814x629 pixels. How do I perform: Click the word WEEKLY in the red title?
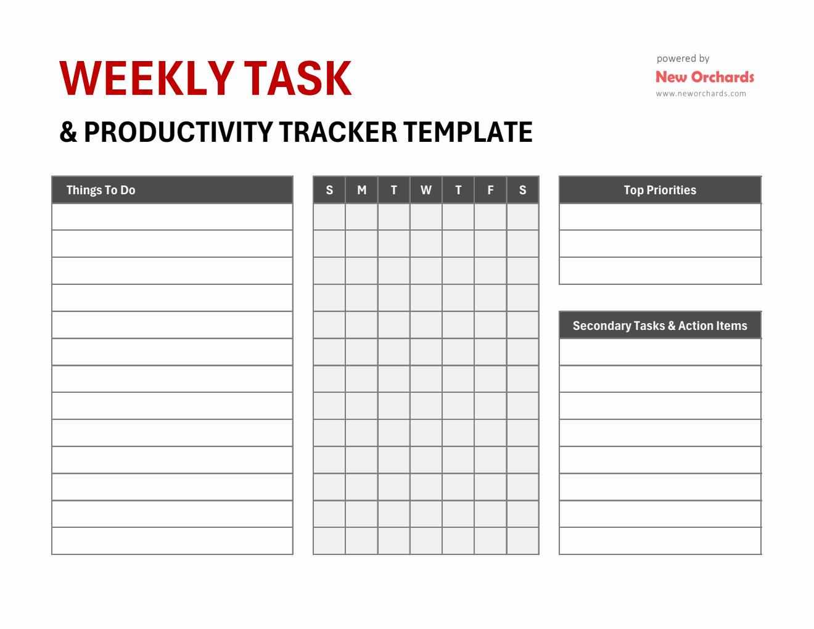coord(146,78)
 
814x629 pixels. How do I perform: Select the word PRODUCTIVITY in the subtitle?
coord(178,132)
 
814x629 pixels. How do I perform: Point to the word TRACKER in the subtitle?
coord(338,132)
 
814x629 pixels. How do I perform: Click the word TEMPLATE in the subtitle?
coord(467,132)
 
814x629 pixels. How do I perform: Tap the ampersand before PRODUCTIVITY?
coord(68,132)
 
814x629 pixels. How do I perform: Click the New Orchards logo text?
coord(704,77)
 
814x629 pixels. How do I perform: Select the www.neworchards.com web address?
coord(701,94)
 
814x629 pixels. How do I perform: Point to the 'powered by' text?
coord(683,59)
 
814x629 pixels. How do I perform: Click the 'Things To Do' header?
coord(101,190)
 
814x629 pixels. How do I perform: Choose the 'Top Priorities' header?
coord(660,190)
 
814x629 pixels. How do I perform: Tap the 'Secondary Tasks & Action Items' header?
coord(660,326)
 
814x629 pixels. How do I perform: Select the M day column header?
coord(361,190)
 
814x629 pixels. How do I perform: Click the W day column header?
coord(426,190)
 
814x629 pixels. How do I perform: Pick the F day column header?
coord(490,190)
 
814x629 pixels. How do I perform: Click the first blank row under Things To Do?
coord(172,217)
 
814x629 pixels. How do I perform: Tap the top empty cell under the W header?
coord(426,217)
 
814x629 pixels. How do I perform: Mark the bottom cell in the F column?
coord(490,541)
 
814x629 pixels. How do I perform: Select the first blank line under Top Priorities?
coord(660,217)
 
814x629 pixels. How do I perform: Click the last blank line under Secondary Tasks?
coord(660,541)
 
